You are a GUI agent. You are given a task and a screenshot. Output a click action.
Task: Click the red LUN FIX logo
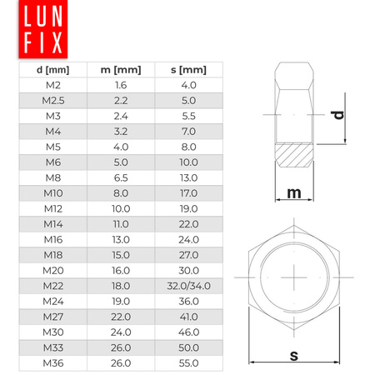coord(43,29)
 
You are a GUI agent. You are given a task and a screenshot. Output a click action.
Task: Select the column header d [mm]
coord(52,70)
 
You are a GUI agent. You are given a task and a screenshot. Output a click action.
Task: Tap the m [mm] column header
coord(121,70)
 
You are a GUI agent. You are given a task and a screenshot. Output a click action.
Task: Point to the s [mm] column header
coord(188,70)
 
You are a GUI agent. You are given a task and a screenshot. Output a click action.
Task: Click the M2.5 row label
coord(53,101)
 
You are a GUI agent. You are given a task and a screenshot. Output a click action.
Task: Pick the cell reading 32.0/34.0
coord(188,286)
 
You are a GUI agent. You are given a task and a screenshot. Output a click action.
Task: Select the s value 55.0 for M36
coord(188,363)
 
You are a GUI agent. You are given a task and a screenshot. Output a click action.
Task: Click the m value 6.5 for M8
coord(121,177)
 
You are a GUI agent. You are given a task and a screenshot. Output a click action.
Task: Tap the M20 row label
coord(53,271)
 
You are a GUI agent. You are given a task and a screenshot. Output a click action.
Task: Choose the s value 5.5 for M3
coord(188,116)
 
